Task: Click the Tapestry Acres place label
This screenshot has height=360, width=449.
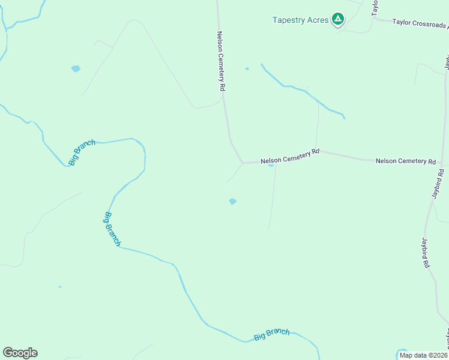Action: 300,20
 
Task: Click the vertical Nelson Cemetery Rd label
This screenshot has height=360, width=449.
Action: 221,61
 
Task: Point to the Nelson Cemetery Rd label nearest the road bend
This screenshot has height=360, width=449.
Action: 290,157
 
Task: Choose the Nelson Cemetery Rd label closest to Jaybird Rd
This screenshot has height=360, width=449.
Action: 405,161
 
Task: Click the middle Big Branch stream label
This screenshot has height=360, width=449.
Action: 112,229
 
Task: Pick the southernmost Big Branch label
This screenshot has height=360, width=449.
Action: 271,335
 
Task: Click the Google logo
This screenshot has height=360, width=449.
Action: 20,353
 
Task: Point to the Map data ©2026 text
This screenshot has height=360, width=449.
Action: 423,355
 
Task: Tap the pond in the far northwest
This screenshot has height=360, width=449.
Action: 76,68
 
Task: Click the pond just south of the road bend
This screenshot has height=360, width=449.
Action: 232,202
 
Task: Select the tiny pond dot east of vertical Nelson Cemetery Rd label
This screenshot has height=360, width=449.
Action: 247,68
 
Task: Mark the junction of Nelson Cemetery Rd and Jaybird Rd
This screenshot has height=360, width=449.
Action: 441,163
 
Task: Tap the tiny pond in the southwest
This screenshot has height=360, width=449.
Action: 59,287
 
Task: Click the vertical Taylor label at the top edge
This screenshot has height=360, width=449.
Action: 375,7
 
